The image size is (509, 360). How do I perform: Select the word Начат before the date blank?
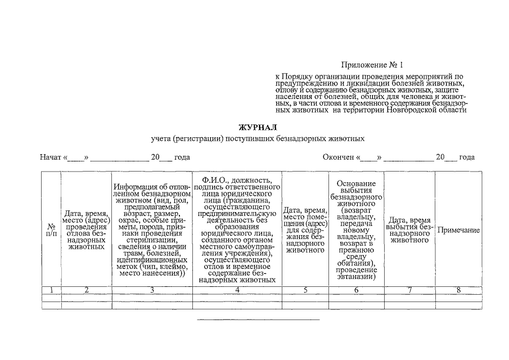click(50, 157)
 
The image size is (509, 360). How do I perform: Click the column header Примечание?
click(458, 231)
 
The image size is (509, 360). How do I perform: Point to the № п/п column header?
click(51, 231)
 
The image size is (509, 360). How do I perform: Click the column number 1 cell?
click(51, 290)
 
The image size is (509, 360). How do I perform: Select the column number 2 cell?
click(86, 290)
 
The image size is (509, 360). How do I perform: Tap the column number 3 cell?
click(152, 290)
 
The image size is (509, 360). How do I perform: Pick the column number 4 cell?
click(237, 290)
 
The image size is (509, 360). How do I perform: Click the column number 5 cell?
click(305, 290)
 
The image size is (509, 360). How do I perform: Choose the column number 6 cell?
click(356, 290)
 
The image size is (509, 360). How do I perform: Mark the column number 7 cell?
click(409, 290)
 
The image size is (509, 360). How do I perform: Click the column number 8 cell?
click(458, 290)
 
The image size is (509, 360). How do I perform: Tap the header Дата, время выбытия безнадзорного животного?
click(409, 230)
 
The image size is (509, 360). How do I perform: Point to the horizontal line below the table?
click(258, 319)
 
